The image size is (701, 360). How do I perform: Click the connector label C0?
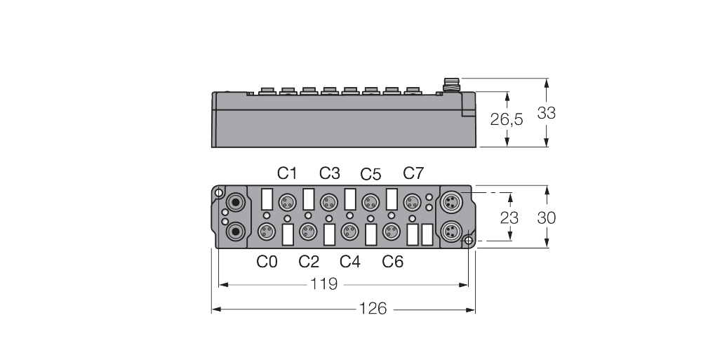tap(267, 262)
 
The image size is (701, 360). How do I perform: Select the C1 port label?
tap(287, 173)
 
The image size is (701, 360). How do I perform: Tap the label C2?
tap(309, 262)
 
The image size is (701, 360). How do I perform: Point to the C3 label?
tap(330, 173)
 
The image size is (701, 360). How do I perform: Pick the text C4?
tap(350, 262)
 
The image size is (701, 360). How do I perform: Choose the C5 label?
tap(371, 174)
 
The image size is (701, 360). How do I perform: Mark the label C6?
tap(393, 262)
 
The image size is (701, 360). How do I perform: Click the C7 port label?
tap(414, 173)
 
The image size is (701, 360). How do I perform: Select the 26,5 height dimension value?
tap(507, 120)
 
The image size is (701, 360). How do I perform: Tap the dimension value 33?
tap(546, 113)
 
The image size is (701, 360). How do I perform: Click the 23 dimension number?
tap(509, 218)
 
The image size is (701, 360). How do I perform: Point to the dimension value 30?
tap(546, 218)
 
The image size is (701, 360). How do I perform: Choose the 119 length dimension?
tap(323, 284)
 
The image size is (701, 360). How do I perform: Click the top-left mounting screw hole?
tap(220, 193)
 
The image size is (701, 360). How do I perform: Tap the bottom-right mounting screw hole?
tap(468, 241)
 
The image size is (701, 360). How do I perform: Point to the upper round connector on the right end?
tap(450, 203)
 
